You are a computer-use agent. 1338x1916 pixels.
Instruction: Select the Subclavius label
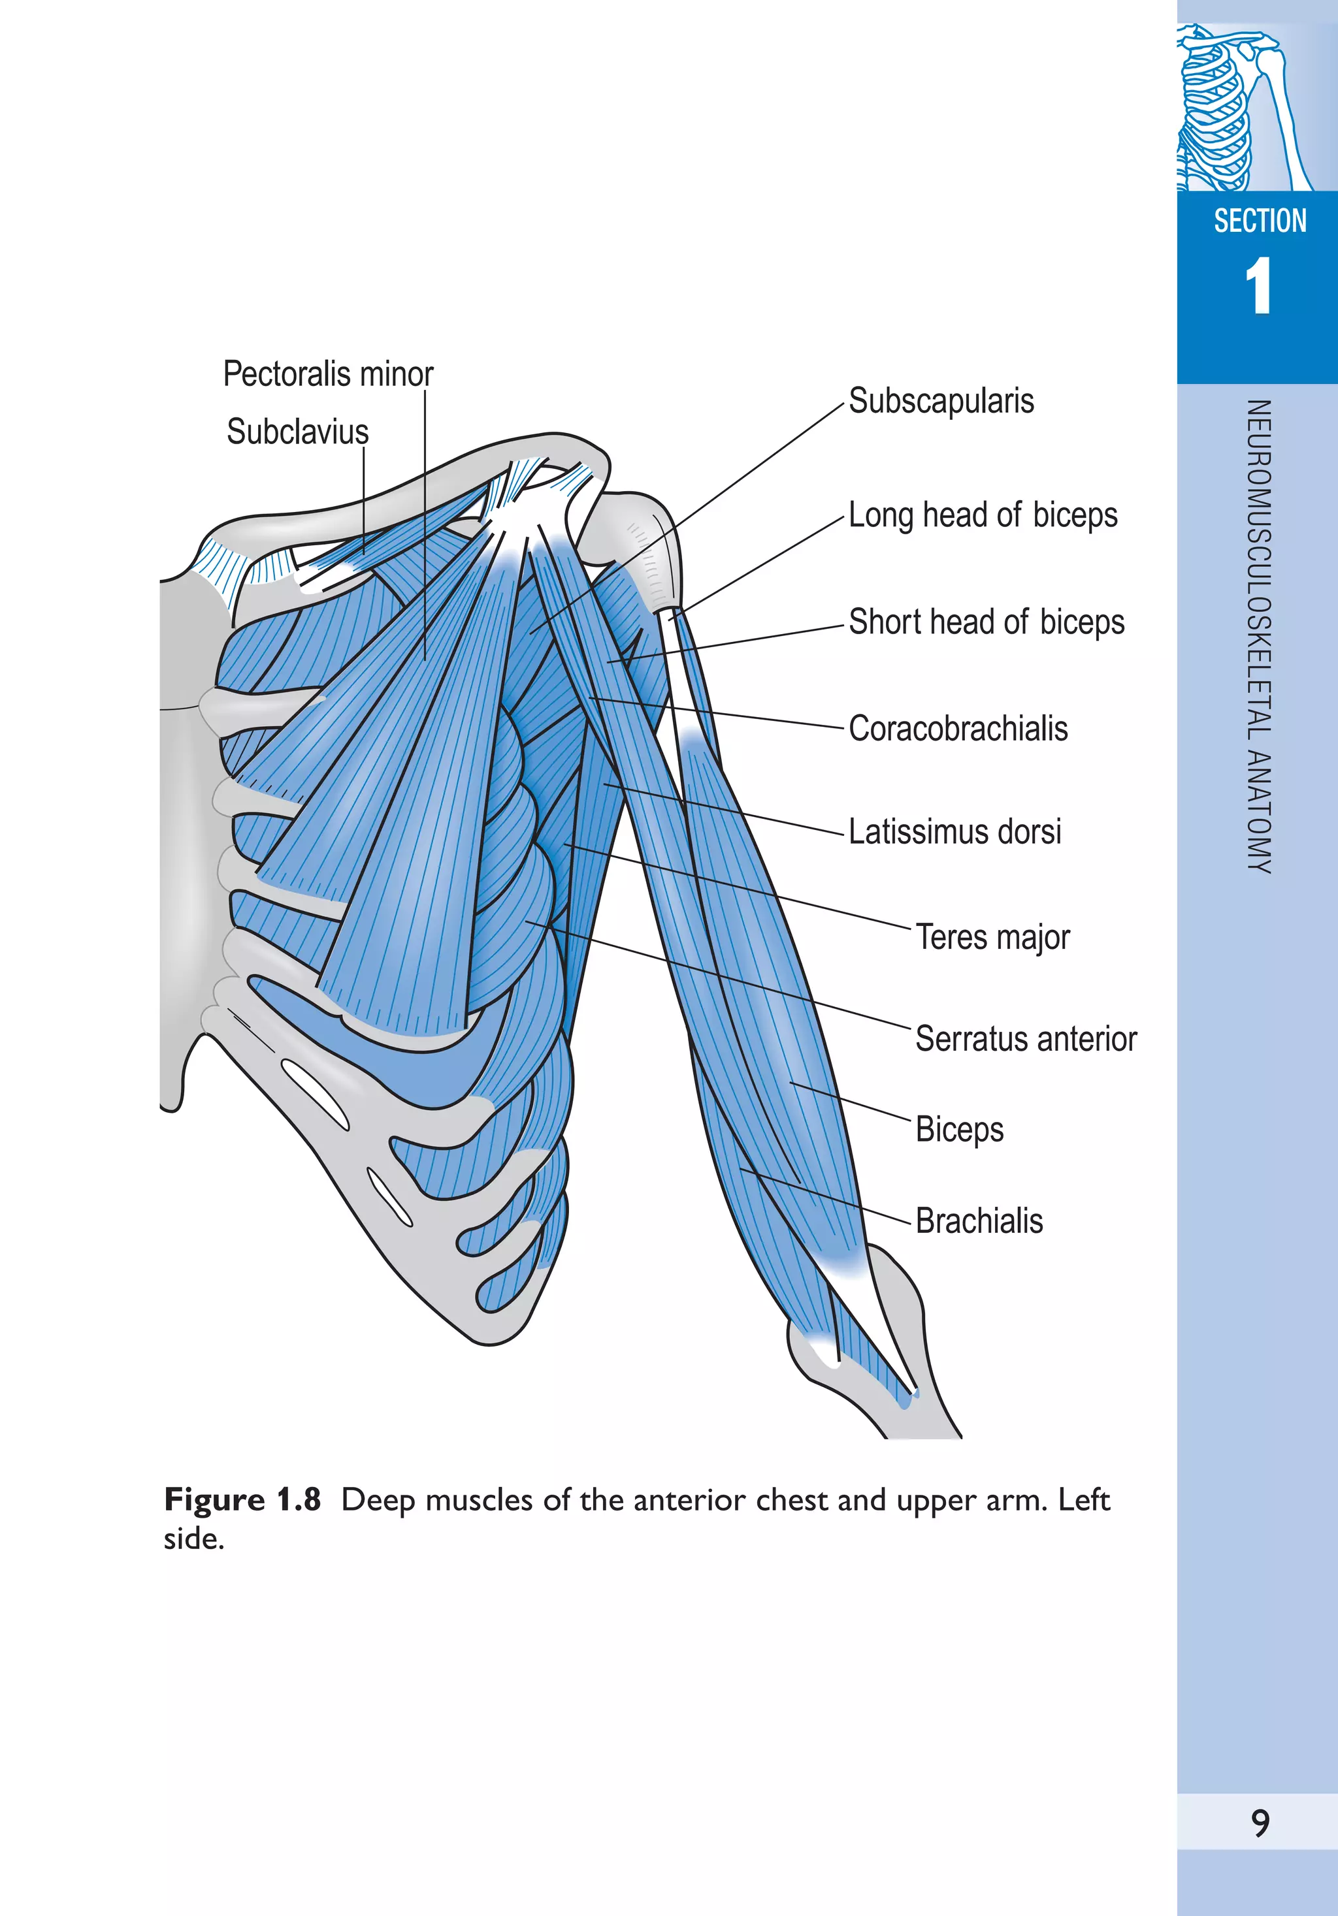297,432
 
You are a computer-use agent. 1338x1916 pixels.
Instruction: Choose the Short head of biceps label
986,622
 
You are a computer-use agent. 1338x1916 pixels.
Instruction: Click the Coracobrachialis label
957,729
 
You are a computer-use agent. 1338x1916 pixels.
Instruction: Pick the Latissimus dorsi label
954,832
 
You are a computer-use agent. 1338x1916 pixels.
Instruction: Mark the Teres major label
992,937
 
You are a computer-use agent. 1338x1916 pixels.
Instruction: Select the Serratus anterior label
1025,1040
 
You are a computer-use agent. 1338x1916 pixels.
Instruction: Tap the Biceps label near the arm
959,1130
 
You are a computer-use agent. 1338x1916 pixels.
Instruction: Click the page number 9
1260,1823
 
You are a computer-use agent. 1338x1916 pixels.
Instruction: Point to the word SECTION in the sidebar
1260,221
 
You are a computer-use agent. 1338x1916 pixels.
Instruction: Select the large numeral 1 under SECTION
1258,286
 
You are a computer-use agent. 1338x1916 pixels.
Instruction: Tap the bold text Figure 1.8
242,1499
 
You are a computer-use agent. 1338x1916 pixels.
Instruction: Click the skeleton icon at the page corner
1244,108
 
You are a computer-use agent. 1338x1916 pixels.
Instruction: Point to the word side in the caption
193,1539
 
